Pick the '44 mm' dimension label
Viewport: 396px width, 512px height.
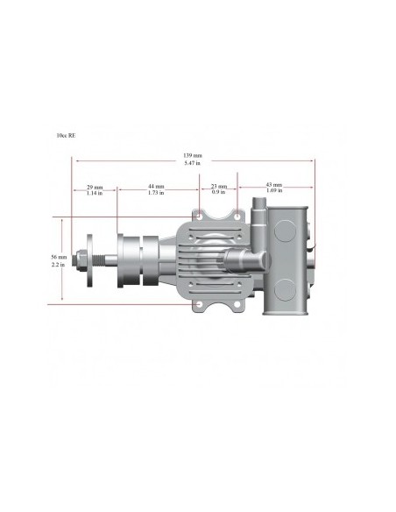coord(156,186)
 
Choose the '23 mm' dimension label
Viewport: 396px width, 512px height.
coord(219,186)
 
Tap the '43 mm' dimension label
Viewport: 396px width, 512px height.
coord(275,185)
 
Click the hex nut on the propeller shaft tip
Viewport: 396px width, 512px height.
coord(81,261)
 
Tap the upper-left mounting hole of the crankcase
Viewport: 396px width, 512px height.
coord(201,215)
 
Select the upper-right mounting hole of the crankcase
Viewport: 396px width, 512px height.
coord(237,215)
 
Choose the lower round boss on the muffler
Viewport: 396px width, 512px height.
coord(286,288)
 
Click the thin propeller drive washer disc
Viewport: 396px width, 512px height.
coord(90,261)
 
